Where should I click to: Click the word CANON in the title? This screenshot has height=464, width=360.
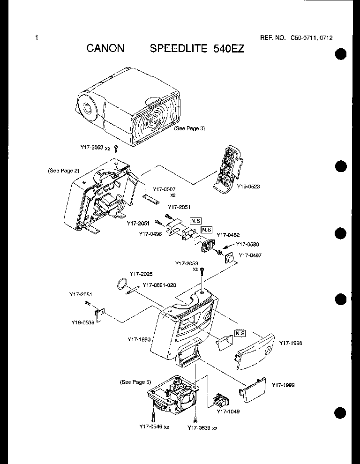click(105, 49)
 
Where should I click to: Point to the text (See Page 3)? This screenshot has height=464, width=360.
click(189, 128)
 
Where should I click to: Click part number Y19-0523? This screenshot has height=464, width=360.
click(248, 186)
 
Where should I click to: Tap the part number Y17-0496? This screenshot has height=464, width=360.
click(150, 233)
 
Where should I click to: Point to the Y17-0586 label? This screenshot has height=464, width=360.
click(248, 244)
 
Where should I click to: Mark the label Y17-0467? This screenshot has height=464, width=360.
click(250, 255)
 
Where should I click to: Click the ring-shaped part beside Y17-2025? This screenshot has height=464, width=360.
click(122, 283)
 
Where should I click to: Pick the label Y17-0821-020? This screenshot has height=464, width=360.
click(159, 285)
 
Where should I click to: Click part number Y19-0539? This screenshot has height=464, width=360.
click(83, 322)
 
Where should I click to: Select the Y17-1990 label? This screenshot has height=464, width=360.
click(139, 339)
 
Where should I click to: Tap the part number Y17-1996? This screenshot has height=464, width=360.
click(291, 343)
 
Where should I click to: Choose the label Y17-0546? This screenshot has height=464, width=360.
click(151, 427)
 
